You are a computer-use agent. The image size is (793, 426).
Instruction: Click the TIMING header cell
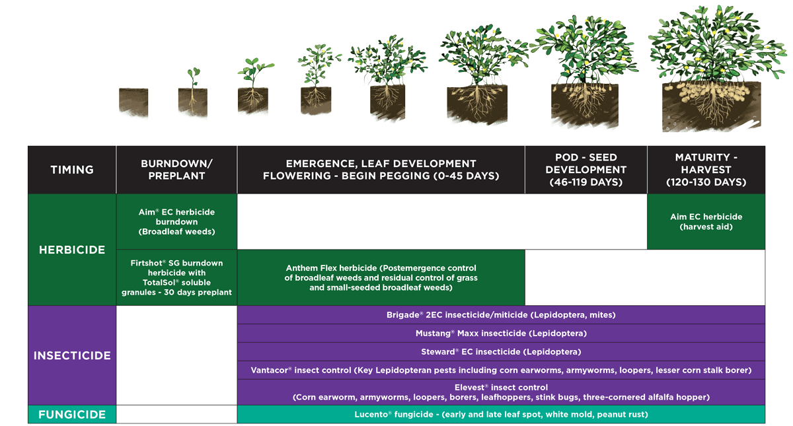(x=72, y=170)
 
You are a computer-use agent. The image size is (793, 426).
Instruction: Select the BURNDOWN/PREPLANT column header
(x=176, y=170)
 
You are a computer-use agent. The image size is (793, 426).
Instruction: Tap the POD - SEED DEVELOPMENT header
(x=585, y=170)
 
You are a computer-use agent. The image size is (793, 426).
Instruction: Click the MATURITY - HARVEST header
(x=706, y=170)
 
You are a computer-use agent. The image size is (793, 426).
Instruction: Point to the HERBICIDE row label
(x=72, y=250)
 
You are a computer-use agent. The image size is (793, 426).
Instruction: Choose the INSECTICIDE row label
(x=72, y=355)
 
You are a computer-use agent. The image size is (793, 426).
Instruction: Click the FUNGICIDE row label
(x=72, y=415)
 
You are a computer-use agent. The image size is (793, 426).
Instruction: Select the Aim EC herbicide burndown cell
(x=176, y=222)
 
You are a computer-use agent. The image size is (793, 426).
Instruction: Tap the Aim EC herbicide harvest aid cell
(x=706, y=221)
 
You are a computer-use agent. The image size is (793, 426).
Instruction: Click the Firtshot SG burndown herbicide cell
(x=176, y=277)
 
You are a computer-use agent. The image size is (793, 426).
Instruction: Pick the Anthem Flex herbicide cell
(x=381, y=278)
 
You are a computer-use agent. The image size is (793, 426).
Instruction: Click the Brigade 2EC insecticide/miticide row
(x=501, y=315)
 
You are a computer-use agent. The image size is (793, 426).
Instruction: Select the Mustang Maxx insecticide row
(x=501, y=334)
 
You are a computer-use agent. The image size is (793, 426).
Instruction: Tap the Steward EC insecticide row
(x=501, y=352)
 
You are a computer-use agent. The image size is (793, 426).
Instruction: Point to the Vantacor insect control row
(x=501, y=370)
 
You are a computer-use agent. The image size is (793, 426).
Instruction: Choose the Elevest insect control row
(x=501, y=392)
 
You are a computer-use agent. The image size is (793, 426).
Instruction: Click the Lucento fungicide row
(x=501, y=415)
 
